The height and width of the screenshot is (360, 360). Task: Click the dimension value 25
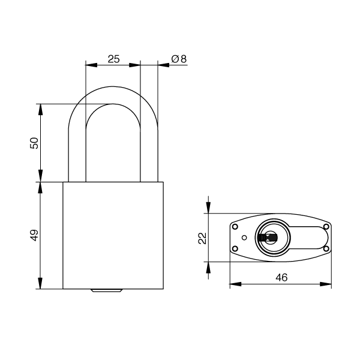click(x=113, y=59)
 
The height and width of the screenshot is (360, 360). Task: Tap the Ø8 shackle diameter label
click(x=179, y=59)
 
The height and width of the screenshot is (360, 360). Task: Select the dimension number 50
click(x=34, y=143)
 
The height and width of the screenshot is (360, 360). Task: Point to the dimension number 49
click(x=34, y=235)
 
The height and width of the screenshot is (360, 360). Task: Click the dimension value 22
click(x=202, y=238)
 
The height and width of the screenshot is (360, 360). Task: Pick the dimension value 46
click(x=281, y=278)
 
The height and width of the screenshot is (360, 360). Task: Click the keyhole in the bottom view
click(x=268, y=238)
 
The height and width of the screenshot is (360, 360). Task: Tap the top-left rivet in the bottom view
click(x=235, y=227)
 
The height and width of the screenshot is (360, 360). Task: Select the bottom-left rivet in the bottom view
click(x=235, y=248)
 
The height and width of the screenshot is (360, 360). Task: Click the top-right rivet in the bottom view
click(x=326, y=227)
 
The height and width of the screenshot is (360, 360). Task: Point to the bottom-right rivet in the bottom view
click(x=326, y=248)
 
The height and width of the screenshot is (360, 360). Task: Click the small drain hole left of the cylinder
click(x=244, y=238)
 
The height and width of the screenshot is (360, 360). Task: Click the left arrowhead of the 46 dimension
click(x=236, y=284)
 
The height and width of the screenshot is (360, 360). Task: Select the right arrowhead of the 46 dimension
click(x=326, y=284)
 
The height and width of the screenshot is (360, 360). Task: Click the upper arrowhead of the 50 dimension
click(x=40, y=110)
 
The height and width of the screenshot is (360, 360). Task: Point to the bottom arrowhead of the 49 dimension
click(x=40, y=283)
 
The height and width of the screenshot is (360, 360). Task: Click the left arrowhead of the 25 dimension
click(x=91, y=65)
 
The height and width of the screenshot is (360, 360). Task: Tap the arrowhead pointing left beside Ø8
click(x=163, y=65)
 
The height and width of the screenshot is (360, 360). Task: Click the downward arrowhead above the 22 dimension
click(x=208, y=208)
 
